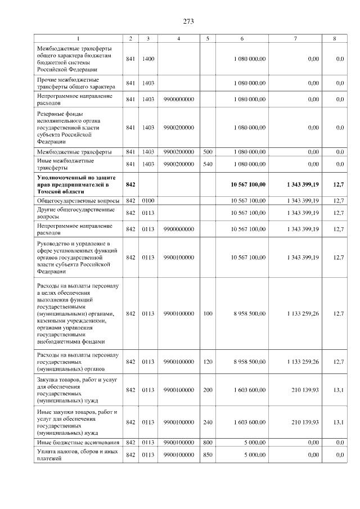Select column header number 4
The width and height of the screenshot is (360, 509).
[178, 38]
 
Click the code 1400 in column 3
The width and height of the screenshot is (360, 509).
[148, 58]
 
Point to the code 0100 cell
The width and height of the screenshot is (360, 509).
[148, 200]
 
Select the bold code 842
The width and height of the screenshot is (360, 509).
[130, 184]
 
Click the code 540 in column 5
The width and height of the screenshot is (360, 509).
[208, 164]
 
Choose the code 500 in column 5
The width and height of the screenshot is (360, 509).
[208, 152]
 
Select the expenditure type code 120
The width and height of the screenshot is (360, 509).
[208, 362]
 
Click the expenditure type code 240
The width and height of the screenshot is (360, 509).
[208, 422]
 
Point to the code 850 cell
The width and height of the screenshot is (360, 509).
[208, 454]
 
